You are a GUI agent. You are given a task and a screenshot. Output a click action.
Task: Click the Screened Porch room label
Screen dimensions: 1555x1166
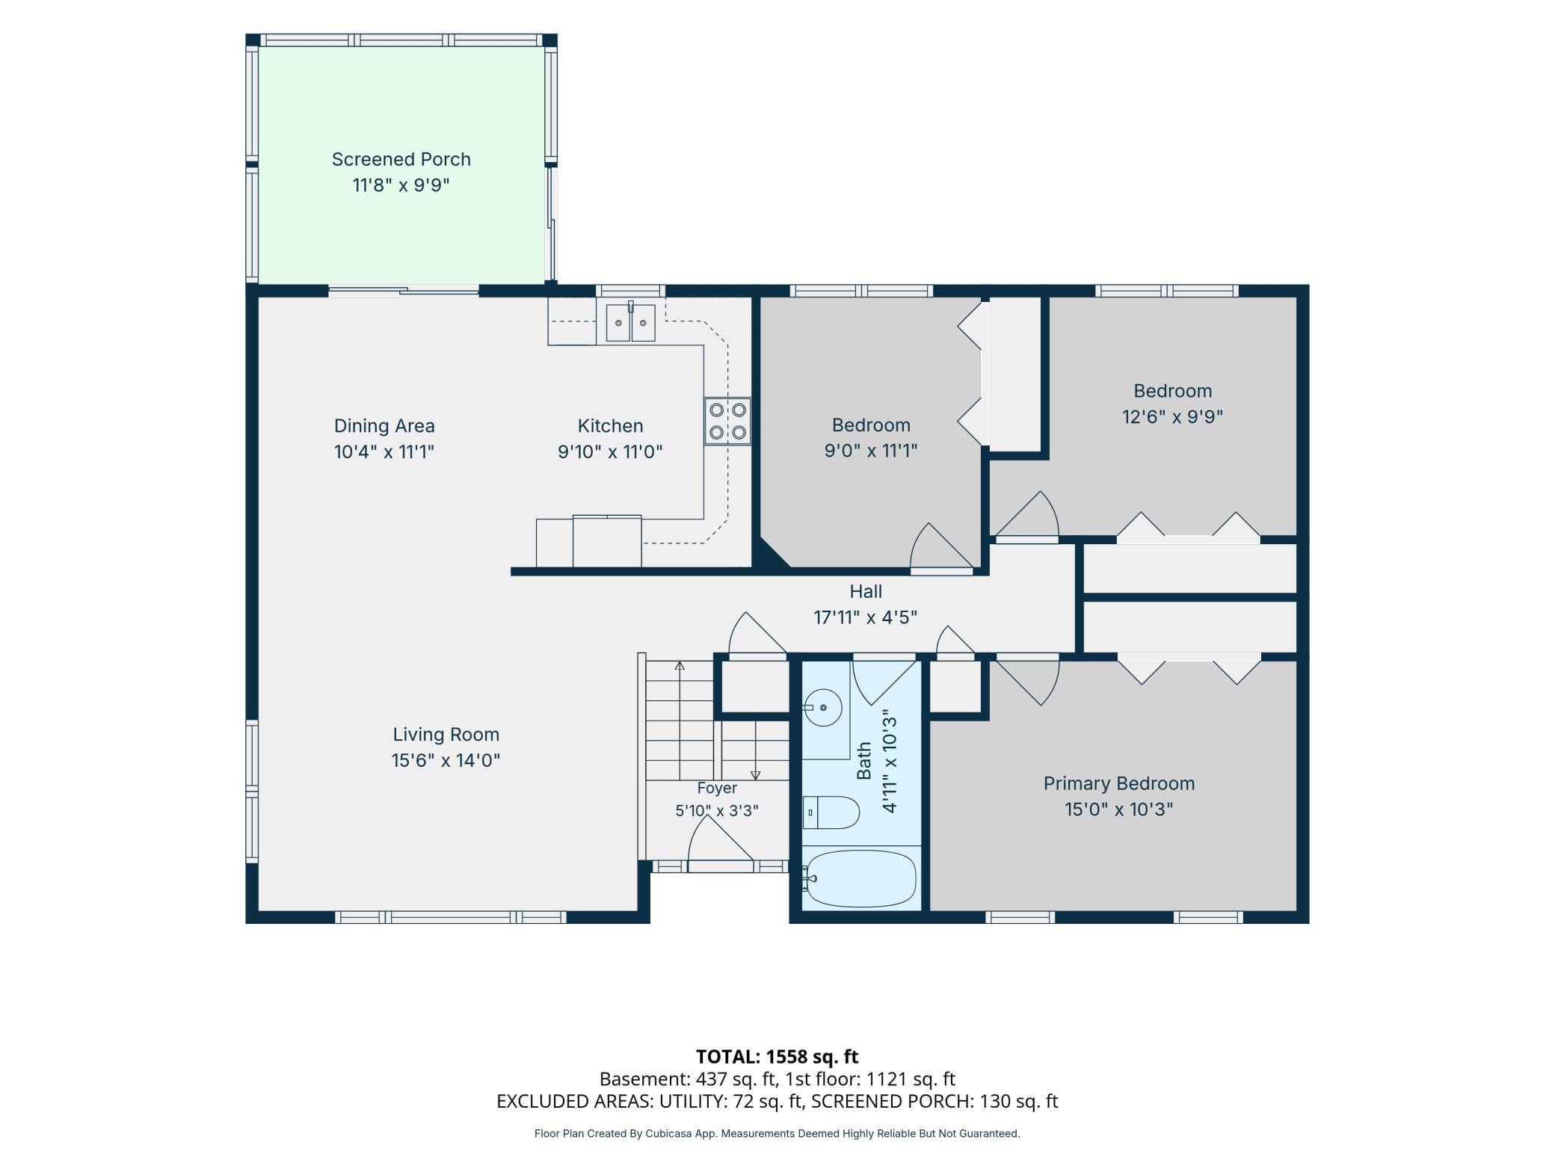pyautogui.click(x=401, y=159)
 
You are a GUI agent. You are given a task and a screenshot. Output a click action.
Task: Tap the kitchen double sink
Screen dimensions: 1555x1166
pyautogui.click(x=630, y=323)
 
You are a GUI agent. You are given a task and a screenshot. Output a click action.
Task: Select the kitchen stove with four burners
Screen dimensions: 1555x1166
pyautogui.click(x=727, y=421)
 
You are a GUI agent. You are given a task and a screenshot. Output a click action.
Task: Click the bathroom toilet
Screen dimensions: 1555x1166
pyautogui.click(x=831, y=812)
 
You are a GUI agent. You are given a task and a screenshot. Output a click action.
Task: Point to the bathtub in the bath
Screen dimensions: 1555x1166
pyautogui.click(x=860, y=879)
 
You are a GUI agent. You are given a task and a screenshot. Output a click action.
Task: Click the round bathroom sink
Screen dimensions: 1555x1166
pyautogui.click(x=822, y=708)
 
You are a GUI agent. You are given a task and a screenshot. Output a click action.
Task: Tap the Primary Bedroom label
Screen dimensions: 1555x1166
pyautogui.click(x=1119, y=783)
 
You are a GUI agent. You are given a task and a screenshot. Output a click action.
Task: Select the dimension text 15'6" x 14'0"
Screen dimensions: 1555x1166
pyautogui.click(x=446, y=760)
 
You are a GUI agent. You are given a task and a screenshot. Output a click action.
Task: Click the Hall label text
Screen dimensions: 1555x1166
pyautogui.click(x=866, y=591)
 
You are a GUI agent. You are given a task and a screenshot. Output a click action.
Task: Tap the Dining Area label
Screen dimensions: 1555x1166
pyautogui.click(x=384, y=426)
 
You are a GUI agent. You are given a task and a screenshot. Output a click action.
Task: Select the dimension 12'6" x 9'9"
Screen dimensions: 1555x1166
pyautogui.click(x=1172, y=416)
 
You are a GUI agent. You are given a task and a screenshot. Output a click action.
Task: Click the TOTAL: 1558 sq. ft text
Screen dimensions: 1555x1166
pyautogui.click(x=777, y=1056)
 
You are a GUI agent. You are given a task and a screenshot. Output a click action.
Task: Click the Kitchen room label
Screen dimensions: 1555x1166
pyautogui.click(x=610, y=426)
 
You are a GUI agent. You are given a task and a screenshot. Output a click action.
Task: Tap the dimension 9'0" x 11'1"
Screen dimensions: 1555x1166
pyautogui.click(x=871, y=451)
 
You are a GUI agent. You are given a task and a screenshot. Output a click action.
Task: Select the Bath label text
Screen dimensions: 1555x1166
pyautogui.click(x=864, y=760)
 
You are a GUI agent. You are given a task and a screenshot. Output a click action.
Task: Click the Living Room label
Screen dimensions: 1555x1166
pyautogui.click(x=446, y=735)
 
